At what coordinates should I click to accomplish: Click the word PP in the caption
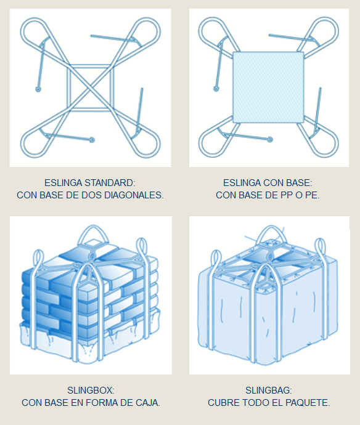tap(284, 195)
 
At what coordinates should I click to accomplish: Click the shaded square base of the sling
tap(269, 87)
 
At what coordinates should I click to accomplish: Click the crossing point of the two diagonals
tap(91, 87)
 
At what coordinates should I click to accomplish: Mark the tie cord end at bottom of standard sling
tap(92, 140)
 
